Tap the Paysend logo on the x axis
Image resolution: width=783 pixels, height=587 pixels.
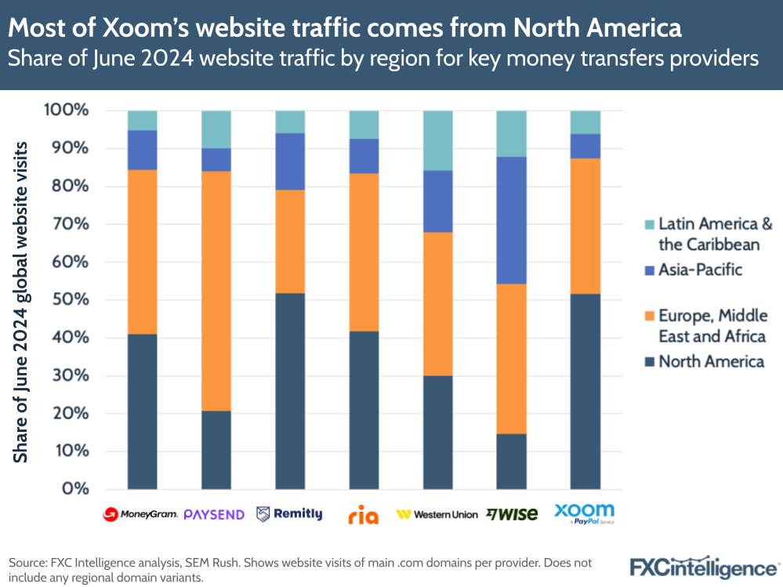click(215, 514)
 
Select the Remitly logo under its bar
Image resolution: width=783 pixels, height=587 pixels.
click(289, 514)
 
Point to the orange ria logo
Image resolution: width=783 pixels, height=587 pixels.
click(363, 515)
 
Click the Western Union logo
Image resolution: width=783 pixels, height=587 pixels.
click(437, 515)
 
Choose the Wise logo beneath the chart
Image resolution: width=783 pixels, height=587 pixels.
click(511, 514)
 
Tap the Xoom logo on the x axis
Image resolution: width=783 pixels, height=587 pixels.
click(584, 513)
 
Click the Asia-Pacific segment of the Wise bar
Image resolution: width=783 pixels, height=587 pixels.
click(512, 220)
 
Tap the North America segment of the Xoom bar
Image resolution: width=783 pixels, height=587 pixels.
click(585, 392)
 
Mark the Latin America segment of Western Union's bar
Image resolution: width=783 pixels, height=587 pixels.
click(438, 140)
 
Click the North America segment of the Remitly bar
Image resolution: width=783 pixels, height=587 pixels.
click(289, 392)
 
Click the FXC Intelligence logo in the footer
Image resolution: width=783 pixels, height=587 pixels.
click(704, 566)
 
